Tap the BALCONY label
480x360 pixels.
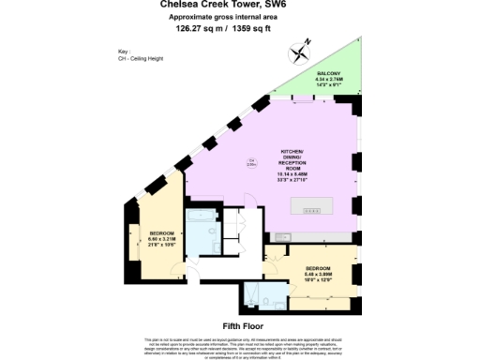pyautogui.click(x=328, y=72)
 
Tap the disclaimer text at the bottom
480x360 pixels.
pyautogui.click(x=239, y=346)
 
